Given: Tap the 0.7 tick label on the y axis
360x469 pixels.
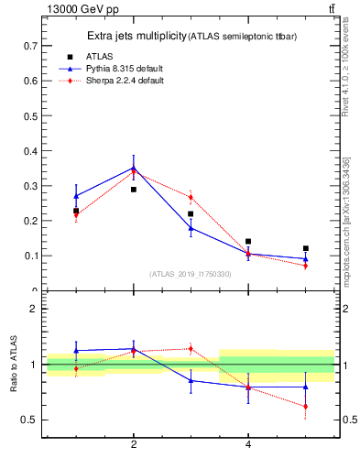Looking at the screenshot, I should click(x=30, y=45).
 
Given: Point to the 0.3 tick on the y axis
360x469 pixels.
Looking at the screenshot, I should click(x=30, y=186).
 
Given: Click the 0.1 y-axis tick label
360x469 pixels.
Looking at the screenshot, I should click(x=30, y=256).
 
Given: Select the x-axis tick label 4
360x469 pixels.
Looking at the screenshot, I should click(x=248, y=445).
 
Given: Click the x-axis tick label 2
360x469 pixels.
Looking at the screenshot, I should click(x=134, y=445).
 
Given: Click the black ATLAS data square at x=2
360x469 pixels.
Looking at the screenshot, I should click(x=134, y=190).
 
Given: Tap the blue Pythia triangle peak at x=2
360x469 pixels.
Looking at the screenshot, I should click(x=134, y=167).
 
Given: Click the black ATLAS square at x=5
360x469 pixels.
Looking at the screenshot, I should click(x=306, y=248).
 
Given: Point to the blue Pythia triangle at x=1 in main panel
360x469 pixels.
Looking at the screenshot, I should click(x=76, y=196).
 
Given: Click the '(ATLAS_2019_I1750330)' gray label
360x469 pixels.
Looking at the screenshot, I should click(x=190, y=274).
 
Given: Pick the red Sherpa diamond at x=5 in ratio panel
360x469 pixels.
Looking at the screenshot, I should click(x=306, y=406).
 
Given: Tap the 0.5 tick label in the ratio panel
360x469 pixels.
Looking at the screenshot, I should click(x=30, y=420).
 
